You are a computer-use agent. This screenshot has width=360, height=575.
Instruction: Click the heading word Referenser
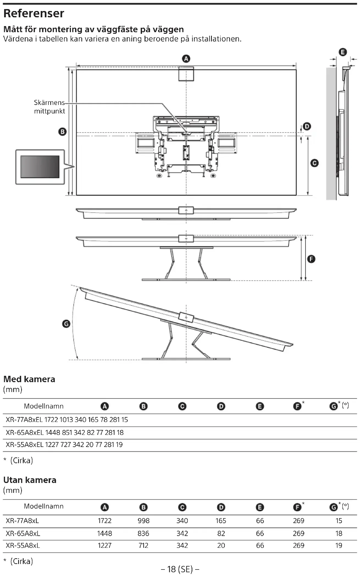(x=34, y=13)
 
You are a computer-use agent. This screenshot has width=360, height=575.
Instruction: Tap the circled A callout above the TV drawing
(x=186, y=59)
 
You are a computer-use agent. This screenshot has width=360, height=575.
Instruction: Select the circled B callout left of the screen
(x=62, y=132)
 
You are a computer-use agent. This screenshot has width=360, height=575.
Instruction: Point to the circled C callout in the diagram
(x=314, y=163)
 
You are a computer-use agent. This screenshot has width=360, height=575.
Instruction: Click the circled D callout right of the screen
(x=307, y=126)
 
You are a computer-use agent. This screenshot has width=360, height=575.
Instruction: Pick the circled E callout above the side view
(x=343, y=52)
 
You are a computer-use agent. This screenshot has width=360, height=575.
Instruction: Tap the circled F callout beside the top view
(x=311, y=259)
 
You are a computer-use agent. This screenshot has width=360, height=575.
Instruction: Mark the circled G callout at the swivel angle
(x=66, y=324)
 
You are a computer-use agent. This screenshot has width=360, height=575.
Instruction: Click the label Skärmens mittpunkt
(x=49, y=107)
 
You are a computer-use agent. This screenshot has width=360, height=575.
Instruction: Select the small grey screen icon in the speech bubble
(x=40, y=167)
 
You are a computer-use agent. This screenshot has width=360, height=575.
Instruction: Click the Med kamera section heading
(x=29, y=379)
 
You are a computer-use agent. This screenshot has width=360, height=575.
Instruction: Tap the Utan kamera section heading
(x=30, y=480)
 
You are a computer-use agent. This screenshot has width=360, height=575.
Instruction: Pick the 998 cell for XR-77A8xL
(x=143, y=521)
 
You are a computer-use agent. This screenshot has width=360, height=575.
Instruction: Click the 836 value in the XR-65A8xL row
(x=143, y=533)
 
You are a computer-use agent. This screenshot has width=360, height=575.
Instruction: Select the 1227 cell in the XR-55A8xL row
(x=104, y=545)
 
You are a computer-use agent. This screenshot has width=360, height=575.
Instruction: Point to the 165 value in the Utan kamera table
(x=221, y=521)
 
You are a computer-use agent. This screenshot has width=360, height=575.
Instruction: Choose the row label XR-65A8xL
(x=23, y=533)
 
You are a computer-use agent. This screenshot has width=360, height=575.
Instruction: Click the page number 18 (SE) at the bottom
(x=180, y=569)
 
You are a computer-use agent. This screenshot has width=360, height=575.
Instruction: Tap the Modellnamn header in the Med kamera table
(x=44, y=406)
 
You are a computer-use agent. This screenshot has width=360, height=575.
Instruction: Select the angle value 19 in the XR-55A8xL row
(x=339, y=545)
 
